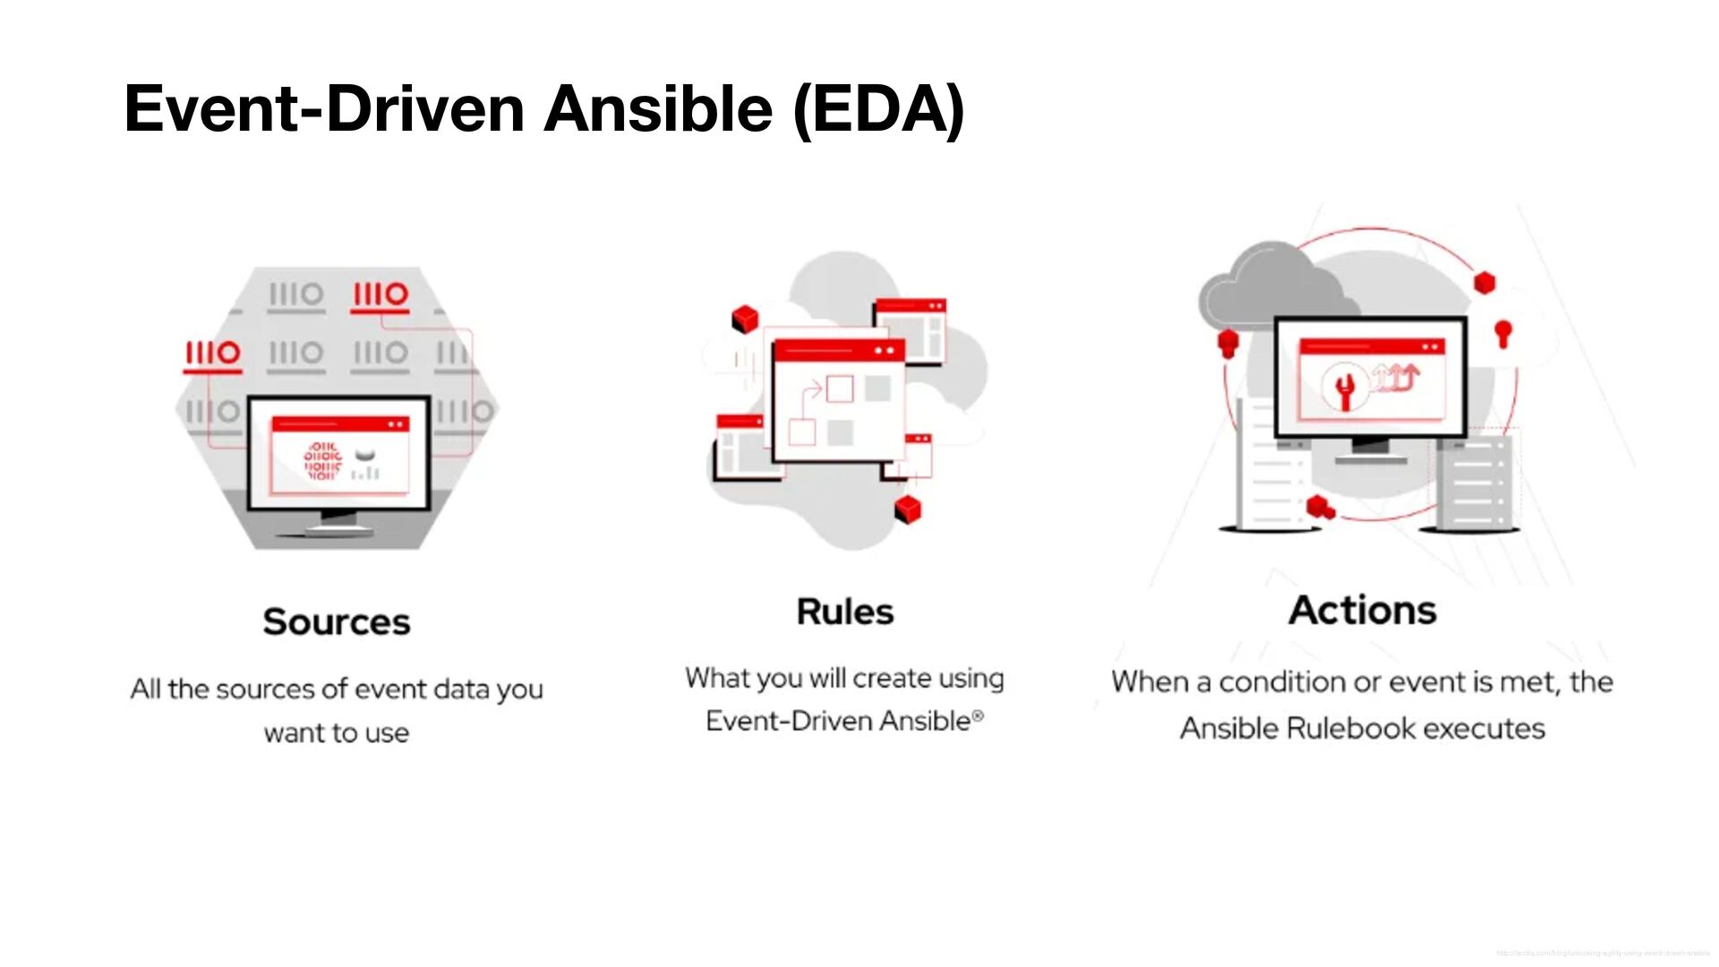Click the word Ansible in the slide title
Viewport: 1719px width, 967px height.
(657, 108)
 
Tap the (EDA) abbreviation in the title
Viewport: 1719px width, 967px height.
(878, 108)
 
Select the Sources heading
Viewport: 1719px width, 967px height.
(337, 621)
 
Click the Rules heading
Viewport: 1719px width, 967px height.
(845, 612)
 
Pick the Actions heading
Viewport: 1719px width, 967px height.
(1363, 611)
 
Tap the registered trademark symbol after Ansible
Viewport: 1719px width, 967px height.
(978, 715)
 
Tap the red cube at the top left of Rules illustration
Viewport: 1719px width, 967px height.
(745, 319)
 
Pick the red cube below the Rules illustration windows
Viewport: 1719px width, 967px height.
(908, 509)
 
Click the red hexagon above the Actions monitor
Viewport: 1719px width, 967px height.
(1485, 283)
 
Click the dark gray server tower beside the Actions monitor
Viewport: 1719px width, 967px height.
(1473, 483)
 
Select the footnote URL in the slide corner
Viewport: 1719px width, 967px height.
(1603, 954)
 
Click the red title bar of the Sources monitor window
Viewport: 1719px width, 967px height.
(340, 424)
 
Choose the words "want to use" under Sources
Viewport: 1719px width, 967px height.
(337, 733)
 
